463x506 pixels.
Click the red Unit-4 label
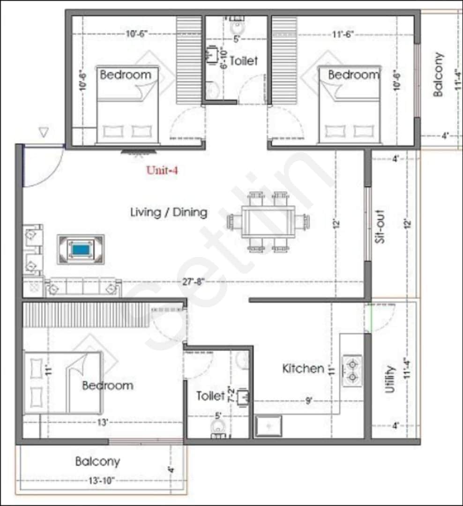pyautogui.click(x=162, y=171)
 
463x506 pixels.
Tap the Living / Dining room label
pyautogui.click(x=169, y=212)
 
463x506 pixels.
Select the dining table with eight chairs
pyautogui.click(x=269, y=222)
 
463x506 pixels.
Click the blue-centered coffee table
pyautogui.click(x=81, y=249)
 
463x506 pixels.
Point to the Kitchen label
pyautogui.click(x=303, y=369)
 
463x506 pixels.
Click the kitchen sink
pyautogui.click(x=268, y=426)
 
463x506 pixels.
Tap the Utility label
pyautogui.click(x=390, y=379)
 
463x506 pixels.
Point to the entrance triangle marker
pyautogui.click(x=44, y=133)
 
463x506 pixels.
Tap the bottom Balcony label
pyautogui.click(x=97, y=461)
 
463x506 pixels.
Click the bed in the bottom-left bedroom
pyautogui.click(x=62, y=383)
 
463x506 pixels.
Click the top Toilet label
pyautogui.click(x=243, y=61)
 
